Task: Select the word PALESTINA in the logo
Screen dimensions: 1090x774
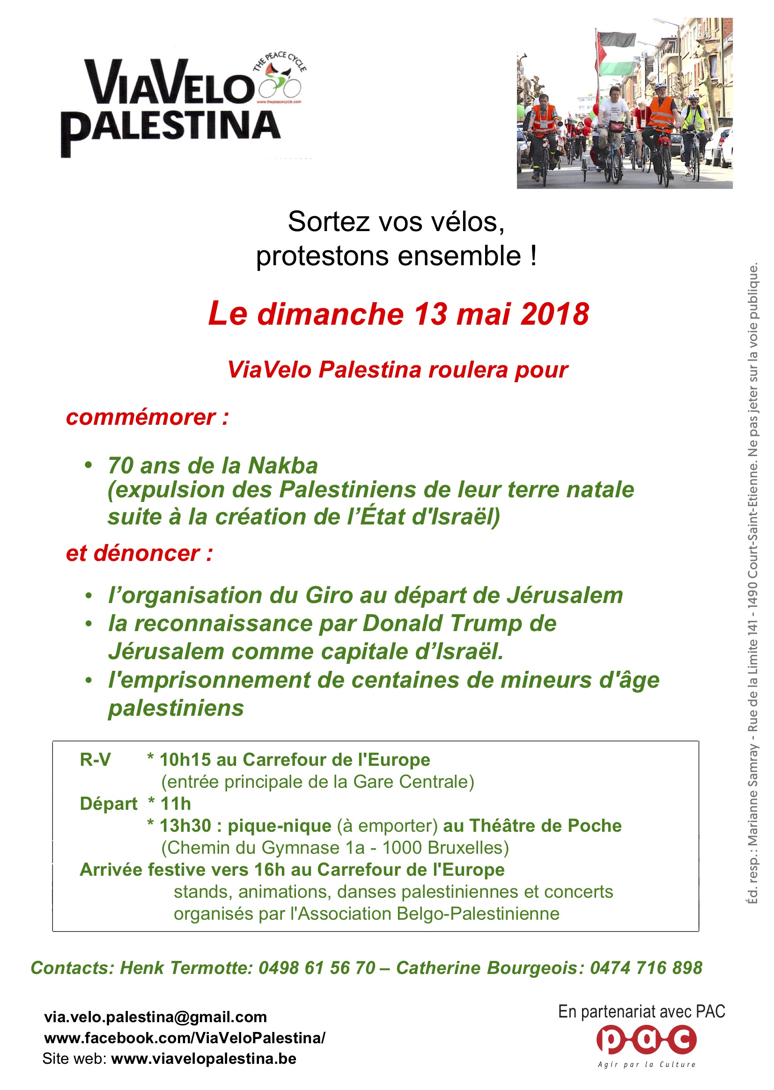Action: (170, 128)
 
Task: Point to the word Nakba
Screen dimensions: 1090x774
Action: (283, 466)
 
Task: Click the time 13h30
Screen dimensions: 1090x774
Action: (185, 826)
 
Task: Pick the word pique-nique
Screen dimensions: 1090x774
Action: (279, 826)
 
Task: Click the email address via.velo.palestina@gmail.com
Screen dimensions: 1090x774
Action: (155, 1017)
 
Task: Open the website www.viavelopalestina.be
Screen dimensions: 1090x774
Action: (204, 1059)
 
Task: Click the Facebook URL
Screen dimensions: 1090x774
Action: (185, 1038)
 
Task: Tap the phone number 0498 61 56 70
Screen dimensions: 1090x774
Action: (317, 967)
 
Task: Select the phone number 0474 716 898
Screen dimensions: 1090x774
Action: (646, 967)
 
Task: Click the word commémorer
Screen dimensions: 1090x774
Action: (141, 418)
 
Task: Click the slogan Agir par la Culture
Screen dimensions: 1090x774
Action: (646, 1065)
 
